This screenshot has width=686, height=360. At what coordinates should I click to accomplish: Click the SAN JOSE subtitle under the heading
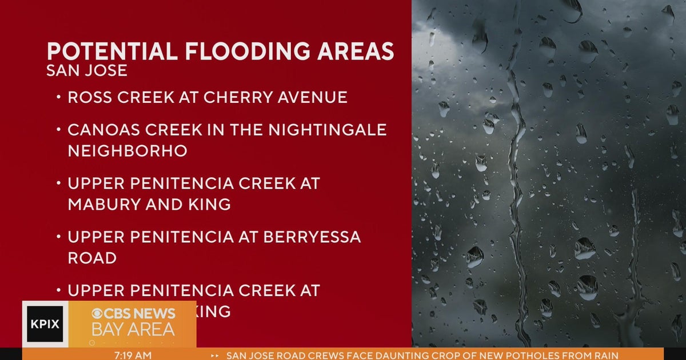tap(87, 71)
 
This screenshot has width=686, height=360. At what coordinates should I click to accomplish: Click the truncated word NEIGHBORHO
tap(127, 151)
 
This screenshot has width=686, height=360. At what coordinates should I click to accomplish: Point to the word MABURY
tap(103, 205)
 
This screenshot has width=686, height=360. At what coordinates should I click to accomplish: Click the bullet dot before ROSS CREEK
tap(59, 98)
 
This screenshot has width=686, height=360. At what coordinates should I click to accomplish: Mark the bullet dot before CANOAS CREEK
tap(59, 130)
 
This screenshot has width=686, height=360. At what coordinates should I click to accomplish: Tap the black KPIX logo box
tap(45, 324)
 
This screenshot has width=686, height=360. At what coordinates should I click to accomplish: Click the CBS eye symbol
tap(98, 314)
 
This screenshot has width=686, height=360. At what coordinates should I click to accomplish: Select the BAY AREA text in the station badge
tap(133, 330)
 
